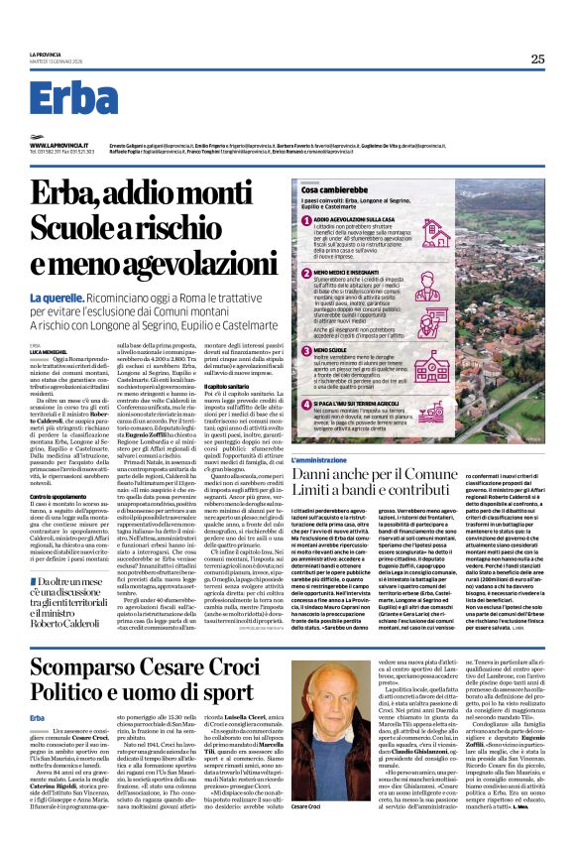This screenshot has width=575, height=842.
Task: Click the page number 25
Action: (x=536, y=59)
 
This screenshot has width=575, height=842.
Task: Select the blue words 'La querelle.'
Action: (x=57, y=270)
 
